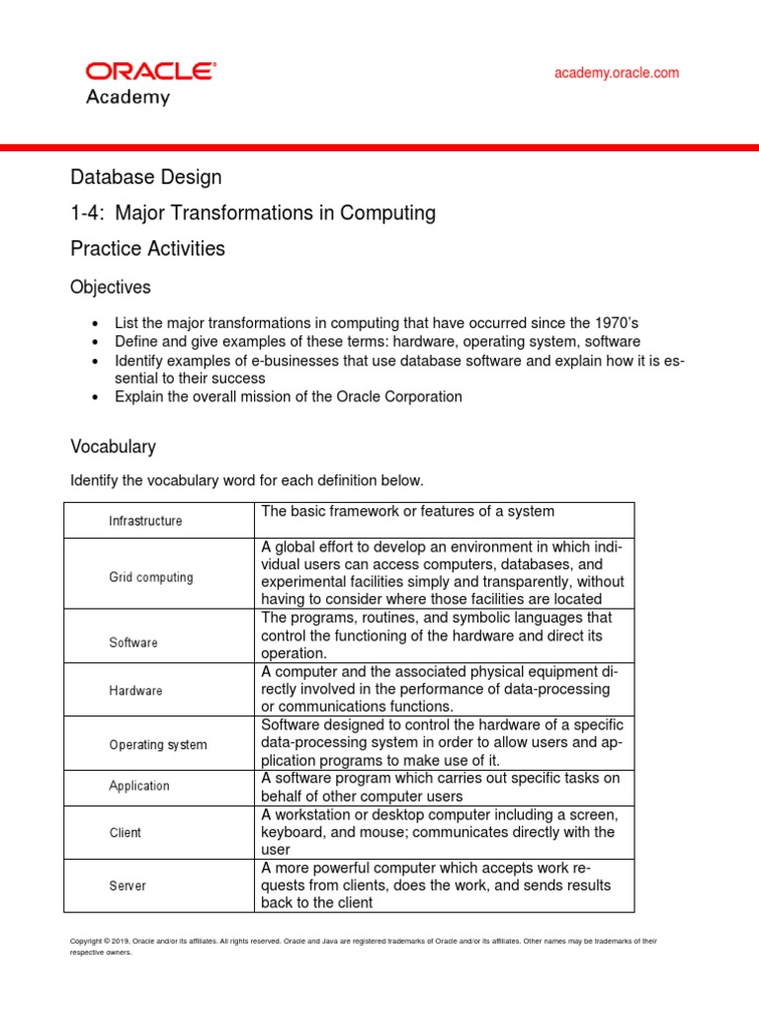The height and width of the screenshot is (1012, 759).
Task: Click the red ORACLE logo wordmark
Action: [x=150, y=71]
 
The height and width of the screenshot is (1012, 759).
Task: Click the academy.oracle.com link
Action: [x=616, y=73]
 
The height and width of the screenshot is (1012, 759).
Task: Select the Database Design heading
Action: [x=146, y=177]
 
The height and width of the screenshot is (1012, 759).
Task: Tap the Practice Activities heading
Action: [x=147, y=249]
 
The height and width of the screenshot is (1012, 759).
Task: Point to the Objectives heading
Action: [x=111, y=288]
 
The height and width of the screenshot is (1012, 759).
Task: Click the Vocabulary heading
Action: [x=113, y=447]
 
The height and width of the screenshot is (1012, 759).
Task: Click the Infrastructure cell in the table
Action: [x=145, y=521]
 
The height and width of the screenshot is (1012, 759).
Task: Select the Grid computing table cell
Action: [x=150, y=577]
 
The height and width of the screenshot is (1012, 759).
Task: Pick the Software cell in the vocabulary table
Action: [x=132, y=642]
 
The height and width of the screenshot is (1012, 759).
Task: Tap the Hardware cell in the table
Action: [x=135, y=691]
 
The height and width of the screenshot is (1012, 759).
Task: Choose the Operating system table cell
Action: [x=157, y=745]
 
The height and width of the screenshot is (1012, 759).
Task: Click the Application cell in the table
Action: [x=138, y=787]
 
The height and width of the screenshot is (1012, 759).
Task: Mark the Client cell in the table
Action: [x=125, y=833]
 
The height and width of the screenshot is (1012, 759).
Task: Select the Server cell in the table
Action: [x=126, y=886]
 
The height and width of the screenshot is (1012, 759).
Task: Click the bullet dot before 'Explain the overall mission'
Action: [x=94, y=397]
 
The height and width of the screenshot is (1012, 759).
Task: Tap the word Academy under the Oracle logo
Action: [x=127, y=98]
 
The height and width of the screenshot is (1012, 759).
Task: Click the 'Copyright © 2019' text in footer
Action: [x=103, y=942]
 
